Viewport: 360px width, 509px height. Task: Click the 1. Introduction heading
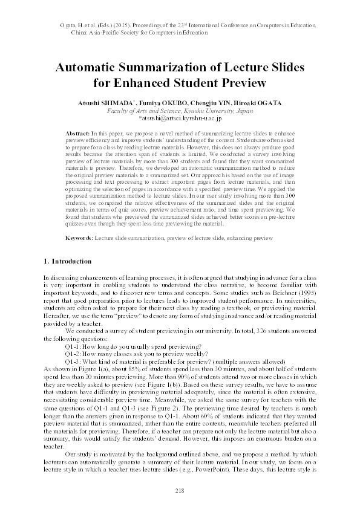[x=68, y=261]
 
